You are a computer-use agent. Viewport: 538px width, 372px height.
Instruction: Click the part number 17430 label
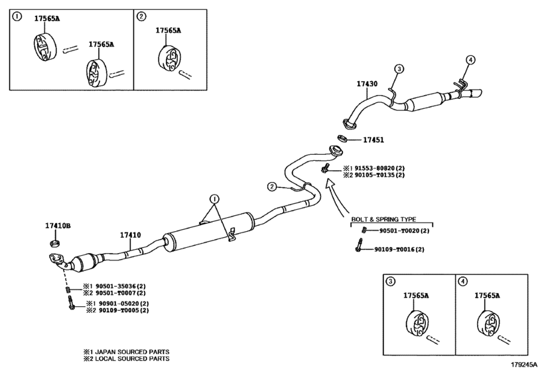coord(367,84)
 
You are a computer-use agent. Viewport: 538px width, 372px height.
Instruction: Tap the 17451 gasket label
coord(373,140)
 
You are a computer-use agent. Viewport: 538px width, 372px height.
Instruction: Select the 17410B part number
coord(58,226)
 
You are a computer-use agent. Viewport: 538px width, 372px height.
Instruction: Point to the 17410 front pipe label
coord(130,235)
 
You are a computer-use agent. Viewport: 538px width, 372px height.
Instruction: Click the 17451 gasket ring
coord(342,139)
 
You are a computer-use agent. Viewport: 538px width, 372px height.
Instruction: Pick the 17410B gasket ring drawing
coord(55,244)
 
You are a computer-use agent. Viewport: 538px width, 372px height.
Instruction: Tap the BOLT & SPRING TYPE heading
coord(383,219)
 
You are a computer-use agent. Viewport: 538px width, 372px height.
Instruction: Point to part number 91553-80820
coord(375,168)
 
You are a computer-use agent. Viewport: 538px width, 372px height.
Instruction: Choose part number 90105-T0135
coord(375,175)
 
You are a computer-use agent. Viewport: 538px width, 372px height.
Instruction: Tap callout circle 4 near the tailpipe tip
coord(471,60)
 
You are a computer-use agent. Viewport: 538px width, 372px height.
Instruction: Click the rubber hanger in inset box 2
coord(170,58)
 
